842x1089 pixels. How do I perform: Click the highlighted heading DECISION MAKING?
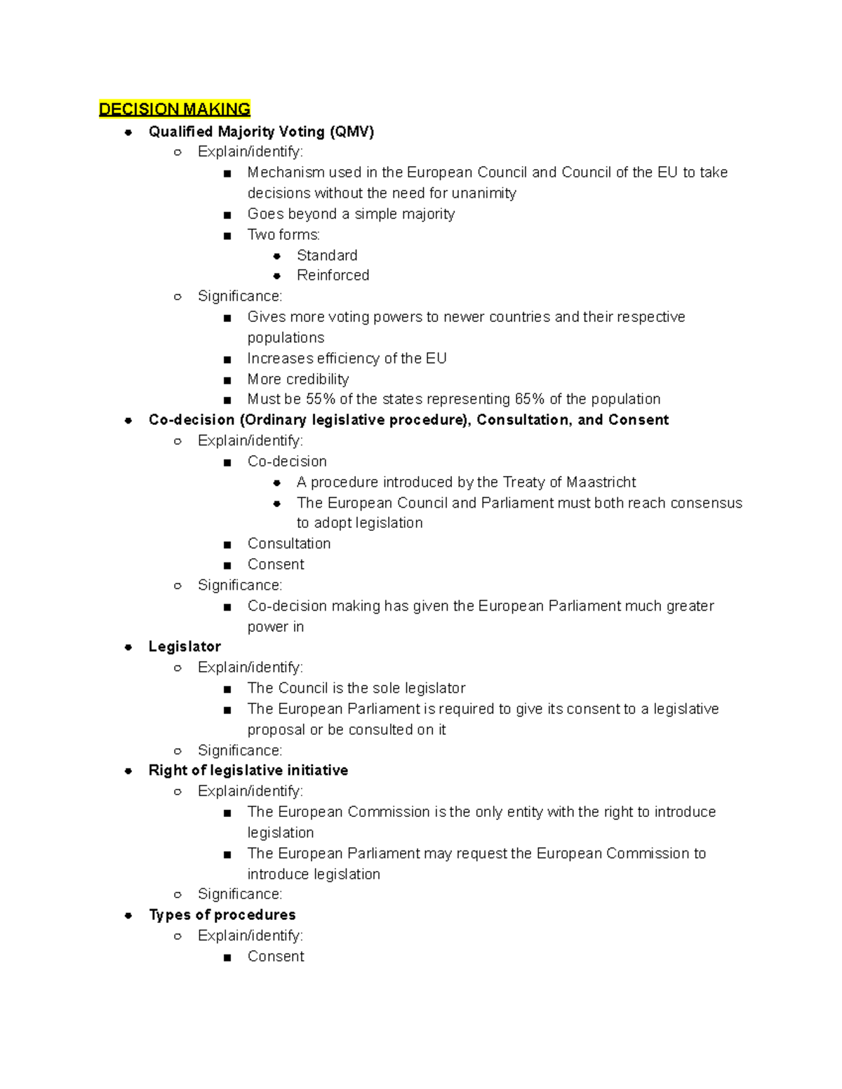tap(175, 109)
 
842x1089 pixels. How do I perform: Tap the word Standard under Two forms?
tap(327, 255)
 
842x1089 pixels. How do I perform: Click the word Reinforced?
tap(333, 276)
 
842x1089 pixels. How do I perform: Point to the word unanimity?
tap(483, 194)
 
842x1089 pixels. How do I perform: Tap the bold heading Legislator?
tap(185, 647)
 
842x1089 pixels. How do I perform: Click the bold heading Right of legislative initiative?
tap(248, 771)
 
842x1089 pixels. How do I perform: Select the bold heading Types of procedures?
tap(222, 915)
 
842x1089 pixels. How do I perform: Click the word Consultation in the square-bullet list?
tap(288, 544)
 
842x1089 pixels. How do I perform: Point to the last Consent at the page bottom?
tap(276, 956)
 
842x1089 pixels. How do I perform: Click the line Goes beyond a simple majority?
tap(351, 214)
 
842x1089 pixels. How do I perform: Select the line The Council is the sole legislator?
tap(356, 689)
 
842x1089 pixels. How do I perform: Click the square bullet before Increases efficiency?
tap(227, 360)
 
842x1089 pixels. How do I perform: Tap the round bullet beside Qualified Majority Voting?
tap(128, 133)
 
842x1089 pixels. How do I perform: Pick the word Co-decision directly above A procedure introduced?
tap(287, 461)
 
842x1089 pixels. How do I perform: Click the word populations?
tap(286, 338)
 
